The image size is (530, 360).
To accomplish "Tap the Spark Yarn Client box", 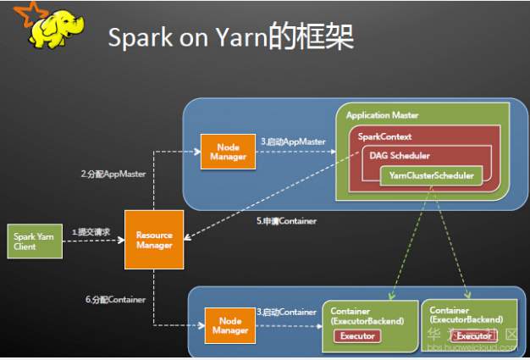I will tap(34, 242).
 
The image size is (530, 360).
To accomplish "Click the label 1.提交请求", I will tap(91, 231).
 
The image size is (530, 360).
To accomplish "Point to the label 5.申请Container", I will tap(287, 221).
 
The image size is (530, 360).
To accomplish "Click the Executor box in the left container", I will tap(356, 335).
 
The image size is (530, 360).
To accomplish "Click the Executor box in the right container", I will tap(473, 336).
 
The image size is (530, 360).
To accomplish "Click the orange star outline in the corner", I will tap(14, 13).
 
